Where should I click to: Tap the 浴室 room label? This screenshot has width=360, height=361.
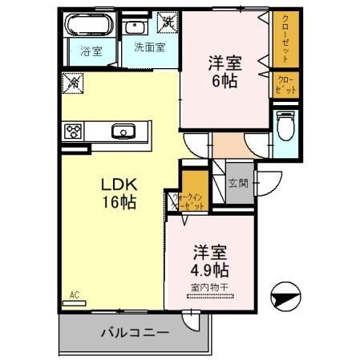91,51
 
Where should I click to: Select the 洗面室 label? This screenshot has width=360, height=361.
149,47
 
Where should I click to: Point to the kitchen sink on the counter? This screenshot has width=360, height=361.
123,132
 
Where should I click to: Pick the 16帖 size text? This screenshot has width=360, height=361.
118,203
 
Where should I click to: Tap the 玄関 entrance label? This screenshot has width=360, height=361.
239,183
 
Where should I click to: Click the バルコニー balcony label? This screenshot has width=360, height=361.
128,331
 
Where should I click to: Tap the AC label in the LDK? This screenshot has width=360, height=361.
75,294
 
